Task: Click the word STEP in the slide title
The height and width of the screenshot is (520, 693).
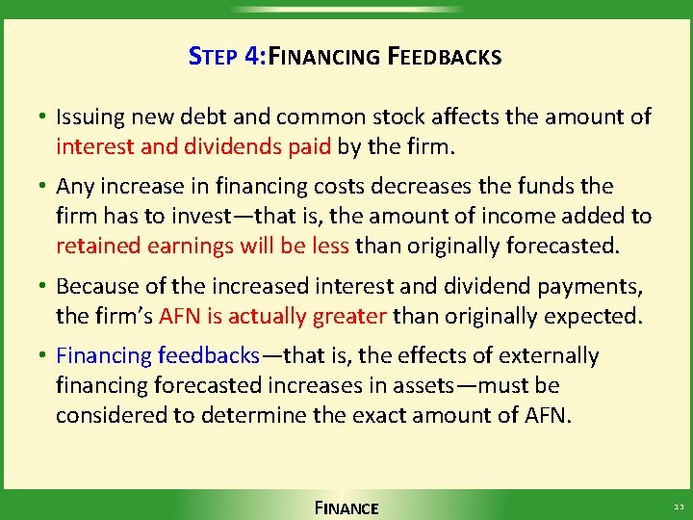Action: coord(213,57)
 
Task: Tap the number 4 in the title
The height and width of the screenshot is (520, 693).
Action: coord(252,56)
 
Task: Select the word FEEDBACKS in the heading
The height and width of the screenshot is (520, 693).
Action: coord(444,57)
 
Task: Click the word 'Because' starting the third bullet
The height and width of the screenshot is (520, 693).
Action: coord(96,286)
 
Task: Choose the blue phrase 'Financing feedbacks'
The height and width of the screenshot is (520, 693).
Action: coord(158,356)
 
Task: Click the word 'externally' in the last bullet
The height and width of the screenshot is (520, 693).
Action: coord(550,356)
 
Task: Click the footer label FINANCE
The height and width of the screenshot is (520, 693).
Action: coord(346,507)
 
